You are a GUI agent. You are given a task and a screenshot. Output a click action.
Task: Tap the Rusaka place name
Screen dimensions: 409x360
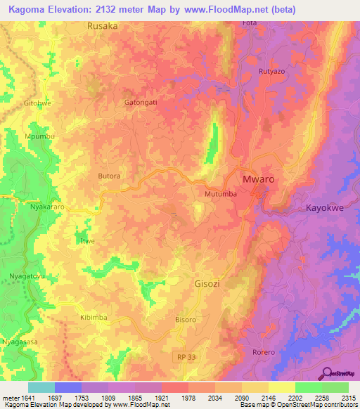tap(103, 25)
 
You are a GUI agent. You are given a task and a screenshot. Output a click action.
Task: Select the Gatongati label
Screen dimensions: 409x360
tap(139, 102)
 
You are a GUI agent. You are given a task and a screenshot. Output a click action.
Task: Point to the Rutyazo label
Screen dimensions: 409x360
tap(271, 71)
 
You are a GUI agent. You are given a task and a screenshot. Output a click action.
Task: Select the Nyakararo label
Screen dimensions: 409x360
tap(29, 209)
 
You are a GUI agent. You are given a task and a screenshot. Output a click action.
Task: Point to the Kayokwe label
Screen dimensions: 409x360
tap(326, 208)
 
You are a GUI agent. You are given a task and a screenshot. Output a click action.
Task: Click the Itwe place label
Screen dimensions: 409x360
tap(87, 241)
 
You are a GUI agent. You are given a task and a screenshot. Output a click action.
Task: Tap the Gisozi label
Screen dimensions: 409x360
tap(209, 285)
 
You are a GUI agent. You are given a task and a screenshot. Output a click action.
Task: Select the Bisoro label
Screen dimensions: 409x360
tap(186, 319)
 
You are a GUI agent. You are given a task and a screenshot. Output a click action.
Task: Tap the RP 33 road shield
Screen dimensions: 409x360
tap(182, 358)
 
